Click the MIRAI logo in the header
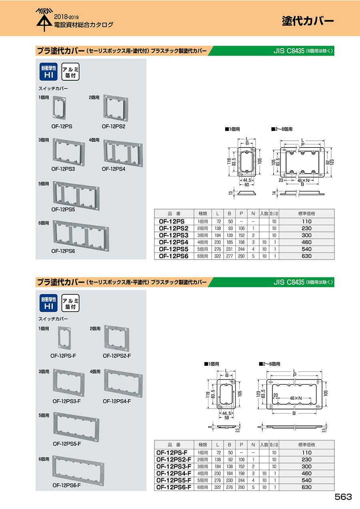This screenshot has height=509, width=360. pos(44,20)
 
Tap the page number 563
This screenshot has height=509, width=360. pos(343,497)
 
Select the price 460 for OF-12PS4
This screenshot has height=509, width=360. pos(306,242)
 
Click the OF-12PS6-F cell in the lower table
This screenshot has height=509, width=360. pos(174,487)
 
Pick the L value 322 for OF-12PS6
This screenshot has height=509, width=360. pos(218,256)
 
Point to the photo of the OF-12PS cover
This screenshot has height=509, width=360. pos(59,108)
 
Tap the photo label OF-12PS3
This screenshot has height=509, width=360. pos(63,169)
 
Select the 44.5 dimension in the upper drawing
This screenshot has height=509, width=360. pos(247,180)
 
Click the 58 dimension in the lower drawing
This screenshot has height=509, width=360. pos(226,418)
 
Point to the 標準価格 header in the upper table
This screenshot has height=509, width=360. pos(306,214)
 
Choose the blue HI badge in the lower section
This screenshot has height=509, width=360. pos(49,303)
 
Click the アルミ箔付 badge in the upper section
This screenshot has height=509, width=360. pos(70,72)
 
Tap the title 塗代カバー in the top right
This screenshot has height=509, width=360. pos(308,21)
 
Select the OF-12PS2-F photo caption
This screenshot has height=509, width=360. pos(116,356)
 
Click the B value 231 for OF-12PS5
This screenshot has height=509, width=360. pos(229,249)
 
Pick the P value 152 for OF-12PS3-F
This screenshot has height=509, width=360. pos(241,467)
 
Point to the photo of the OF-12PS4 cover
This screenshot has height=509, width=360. pos(123,154)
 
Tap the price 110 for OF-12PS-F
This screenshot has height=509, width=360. pos(306,453)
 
